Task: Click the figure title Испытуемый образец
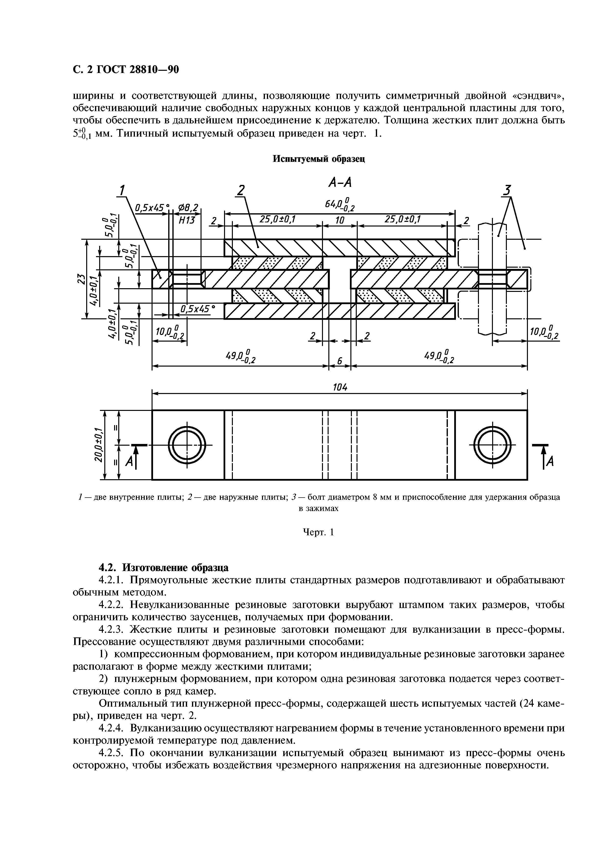(x=319, y=159)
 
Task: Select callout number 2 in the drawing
(x=241, y=191)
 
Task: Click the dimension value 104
(x=340, y=388)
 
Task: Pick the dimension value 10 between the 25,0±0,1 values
(x=340, y=220)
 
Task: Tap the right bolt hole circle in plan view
(x=492, y=445)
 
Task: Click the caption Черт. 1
(x=318, y=532)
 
